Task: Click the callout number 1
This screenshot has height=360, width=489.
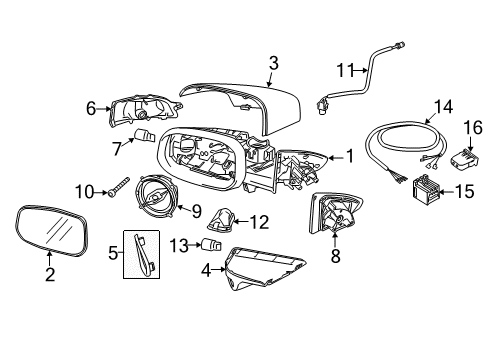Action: coord(349,156)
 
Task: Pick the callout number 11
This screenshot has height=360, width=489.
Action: coord(345,72)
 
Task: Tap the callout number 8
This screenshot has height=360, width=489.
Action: coord(335,256)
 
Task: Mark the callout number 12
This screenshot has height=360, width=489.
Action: coord(258,221)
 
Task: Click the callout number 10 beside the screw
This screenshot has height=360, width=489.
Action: coord(84,189)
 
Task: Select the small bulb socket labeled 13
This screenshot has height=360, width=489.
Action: coord(212,244)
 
